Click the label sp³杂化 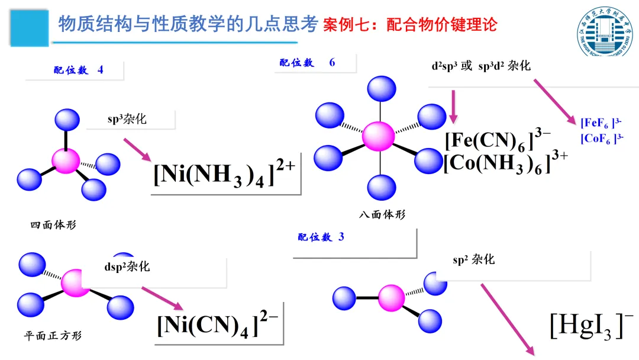[127, 119]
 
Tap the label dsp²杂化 [127, 266]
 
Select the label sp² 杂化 [473, 259]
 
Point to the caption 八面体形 [382, 214]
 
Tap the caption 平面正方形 [53, 336]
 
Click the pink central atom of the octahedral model [378, 136]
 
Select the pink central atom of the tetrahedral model [65, 160]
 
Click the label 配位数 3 [321, 237]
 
